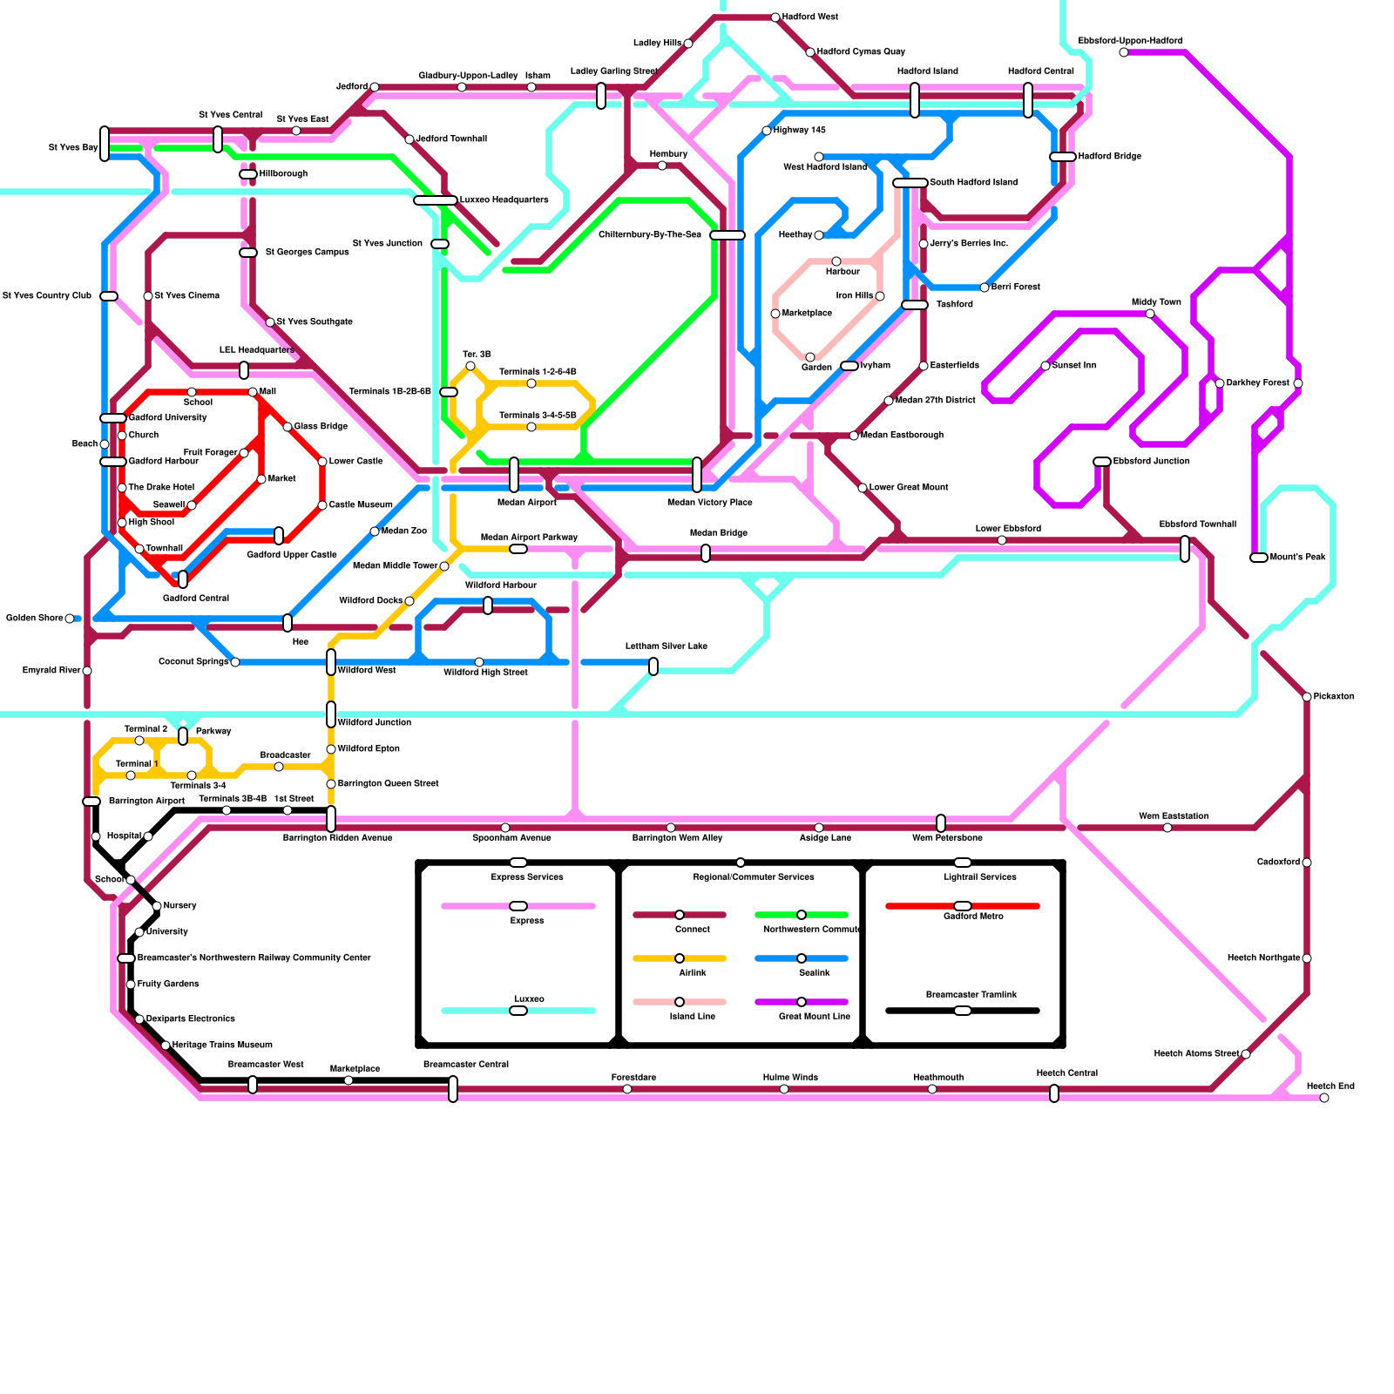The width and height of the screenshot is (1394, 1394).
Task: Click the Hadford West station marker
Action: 775,17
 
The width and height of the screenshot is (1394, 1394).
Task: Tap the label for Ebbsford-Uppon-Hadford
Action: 1130,41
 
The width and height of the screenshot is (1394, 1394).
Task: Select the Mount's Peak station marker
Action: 1258,558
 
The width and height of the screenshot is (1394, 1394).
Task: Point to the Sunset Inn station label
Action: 1074,366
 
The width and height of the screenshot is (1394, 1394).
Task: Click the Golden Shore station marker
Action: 70,619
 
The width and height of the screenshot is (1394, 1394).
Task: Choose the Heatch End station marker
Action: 1324,1098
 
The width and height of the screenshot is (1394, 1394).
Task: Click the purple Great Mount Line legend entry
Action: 802,1002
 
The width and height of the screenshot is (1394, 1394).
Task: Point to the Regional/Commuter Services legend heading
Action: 754,876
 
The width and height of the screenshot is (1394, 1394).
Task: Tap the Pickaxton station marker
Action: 1307,697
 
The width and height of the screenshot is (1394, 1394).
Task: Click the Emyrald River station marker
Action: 87,671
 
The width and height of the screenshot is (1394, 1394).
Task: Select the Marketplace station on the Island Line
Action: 775,314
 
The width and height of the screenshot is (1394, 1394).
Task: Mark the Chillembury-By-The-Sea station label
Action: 649,235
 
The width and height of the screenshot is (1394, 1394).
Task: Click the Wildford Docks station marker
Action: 409,601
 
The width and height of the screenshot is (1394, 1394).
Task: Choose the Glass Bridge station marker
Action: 288,427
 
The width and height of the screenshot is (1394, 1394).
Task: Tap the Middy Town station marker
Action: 1150,314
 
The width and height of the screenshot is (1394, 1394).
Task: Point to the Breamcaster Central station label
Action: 465,1065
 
